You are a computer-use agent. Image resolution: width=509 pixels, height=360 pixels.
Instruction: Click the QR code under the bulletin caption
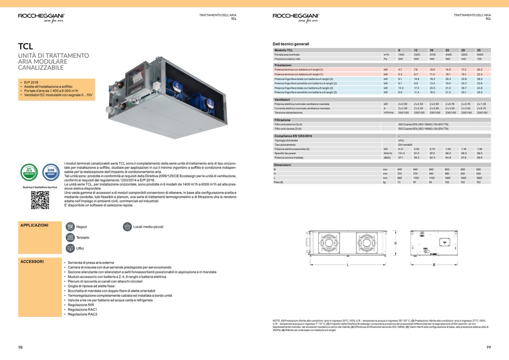coord(40,200)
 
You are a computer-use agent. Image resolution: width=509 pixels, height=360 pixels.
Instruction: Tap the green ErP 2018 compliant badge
coord(29,172)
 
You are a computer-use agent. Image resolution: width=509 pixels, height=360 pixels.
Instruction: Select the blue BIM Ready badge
coord(51,172)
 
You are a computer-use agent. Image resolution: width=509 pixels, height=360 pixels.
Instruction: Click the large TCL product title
coord(26,46)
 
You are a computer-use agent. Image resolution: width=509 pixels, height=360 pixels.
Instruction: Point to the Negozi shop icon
coord(70,226)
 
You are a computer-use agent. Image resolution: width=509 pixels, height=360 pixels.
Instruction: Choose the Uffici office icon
coord(70,248)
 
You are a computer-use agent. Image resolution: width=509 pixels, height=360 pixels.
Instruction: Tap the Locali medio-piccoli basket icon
coord(127,226)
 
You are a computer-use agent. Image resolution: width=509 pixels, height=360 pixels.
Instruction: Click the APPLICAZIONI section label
coord(34,225)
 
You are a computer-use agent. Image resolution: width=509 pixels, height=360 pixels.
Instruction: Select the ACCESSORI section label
coord(32,261)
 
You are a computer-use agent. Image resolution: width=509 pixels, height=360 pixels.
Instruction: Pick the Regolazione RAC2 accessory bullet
coord(82,314)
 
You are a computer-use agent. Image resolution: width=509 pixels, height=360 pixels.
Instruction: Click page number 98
coord(20,347)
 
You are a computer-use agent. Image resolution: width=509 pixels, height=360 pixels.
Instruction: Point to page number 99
coord(488,347)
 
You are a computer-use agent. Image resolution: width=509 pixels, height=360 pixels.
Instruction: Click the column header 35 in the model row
coord(479,50)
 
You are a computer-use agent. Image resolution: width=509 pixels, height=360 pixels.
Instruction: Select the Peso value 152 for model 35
coord(479,182)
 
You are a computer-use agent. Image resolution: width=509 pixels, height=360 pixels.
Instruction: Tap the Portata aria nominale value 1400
coord(401,55)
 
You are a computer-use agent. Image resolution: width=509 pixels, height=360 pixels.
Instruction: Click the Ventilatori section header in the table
coord(282,100)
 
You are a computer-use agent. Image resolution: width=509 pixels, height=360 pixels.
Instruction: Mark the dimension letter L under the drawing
coord(348,265)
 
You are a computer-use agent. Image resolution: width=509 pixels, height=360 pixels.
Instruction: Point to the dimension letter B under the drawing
coord(434,265)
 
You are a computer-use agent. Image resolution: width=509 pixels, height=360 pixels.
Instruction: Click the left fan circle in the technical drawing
coord(329,243)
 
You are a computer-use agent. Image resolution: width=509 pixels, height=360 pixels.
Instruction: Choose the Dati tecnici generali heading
coord(291,44)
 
